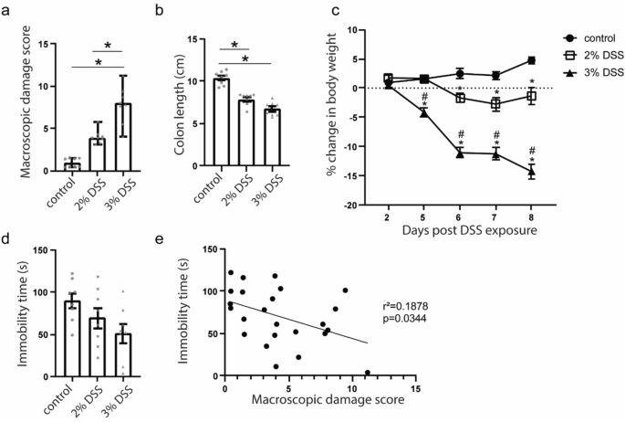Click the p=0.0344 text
(404, 319)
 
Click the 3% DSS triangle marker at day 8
(531, 171)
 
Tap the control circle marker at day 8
(531, 60)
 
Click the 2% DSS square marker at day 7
(495, 104)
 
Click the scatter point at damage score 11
(366, 373)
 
